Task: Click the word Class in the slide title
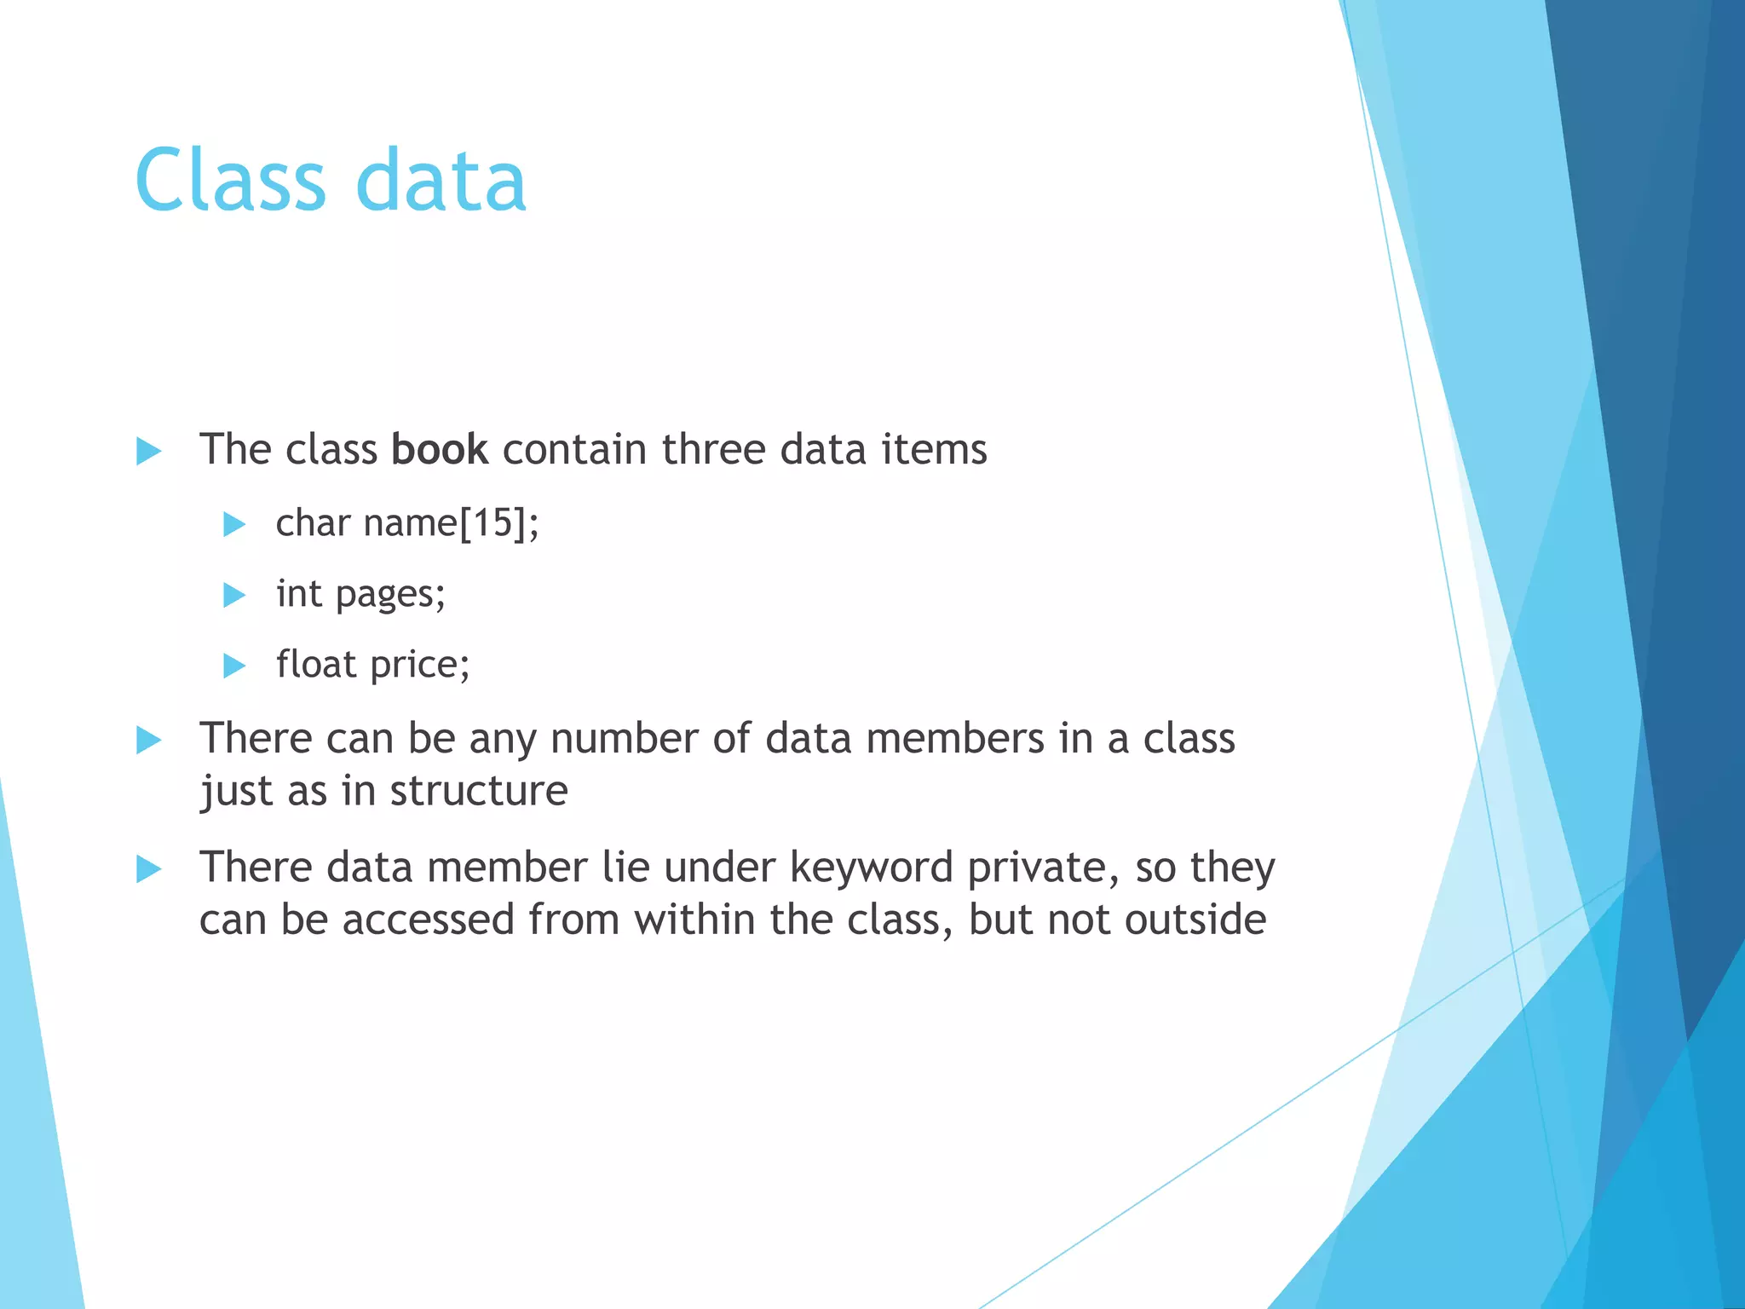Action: coord(230,180)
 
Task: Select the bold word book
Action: coord(440,449)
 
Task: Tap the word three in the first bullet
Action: coord(713,449)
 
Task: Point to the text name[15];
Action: coord(451,522)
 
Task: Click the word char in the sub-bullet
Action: coord(312,522)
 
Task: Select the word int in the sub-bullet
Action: coord(298,593)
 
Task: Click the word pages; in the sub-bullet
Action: coord(390,595)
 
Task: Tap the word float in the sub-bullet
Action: coord(315,664)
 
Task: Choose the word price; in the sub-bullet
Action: coord(420,666)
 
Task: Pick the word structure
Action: coord(479,791)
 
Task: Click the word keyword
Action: coord(871,868)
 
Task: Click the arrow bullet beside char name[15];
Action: coord(233,523)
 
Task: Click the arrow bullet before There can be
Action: coord(148,740)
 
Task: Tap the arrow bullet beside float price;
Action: coord(233,665)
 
